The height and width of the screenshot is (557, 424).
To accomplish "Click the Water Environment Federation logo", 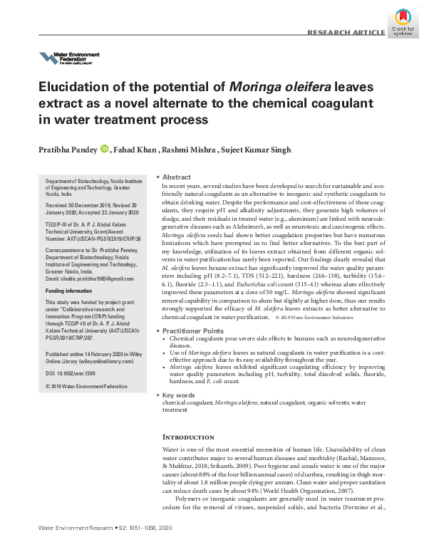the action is point(68,58).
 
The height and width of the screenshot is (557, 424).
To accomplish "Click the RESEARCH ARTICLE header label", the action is point(345,33).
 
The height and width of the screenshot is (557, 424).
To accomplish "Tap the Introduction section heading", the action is point(188,437).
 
